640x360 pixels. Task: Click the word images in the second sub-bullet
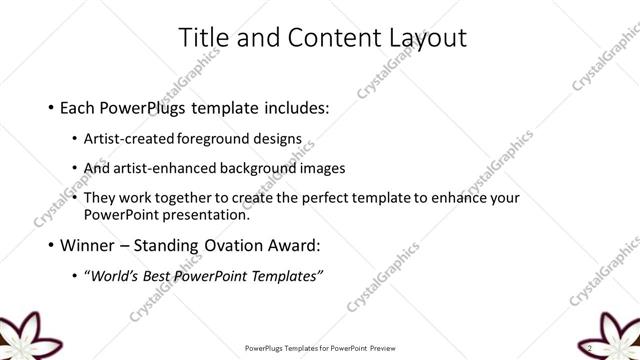click(324, 168)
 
